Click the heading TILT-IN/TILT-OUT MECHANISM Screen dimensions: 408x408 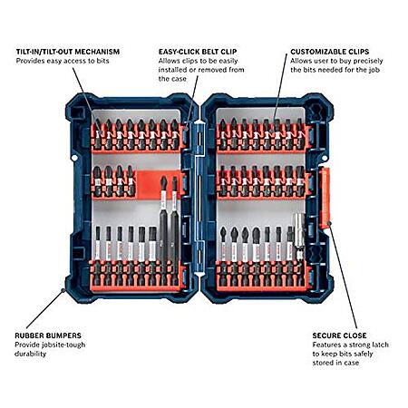click(x=68, y=52)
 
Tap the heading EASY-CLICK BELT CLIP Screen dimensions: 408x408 click(x=198, y=52)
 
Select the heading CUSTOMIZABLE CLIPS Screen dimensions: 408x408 click(x=330, y=52)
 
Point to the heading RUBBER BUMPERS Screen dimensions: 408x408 click(x=48, y=335)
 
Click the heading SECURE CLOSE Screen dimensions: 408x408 click(x=340, y=335)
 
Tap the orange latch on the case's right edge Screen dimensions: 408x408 click(x=325, y=198)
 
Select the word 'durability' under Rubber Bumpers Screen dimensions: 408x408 click(x=30, y=354)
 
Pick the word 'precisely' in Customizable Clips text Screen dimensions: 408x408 click(x=368, y=61)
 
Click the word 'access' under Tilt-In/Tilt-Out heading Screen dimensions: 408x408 click(x=74, y=61)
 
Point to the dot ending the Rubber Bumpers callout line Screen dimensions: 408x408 click(x=63, y=290)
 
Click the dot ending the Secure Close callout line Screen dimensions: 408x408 click(x=330, y=223)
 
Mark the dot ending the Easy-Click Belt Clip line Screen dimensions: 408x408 click(x=186, y=129)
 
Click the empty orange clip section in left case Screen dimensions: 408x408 click(x=147, y=184)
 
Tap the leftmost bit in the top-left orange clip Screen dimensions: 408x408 click(x=97, y=134)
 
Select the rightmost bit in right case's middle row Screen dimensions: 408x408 click(x=300, y=180)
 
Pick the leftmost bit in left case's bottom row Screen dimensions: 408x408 click(x=97, y=257)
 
